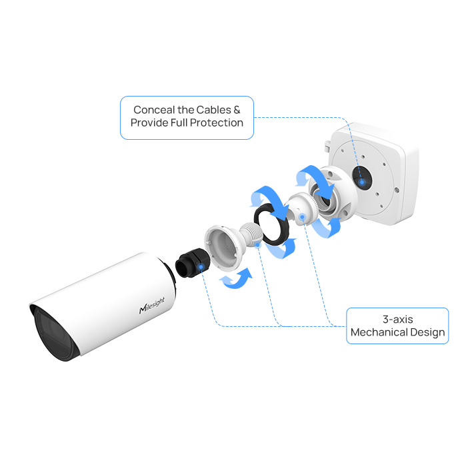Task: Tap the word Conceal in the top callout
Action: [x=152, y=110]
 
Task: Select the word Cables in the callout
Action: [x=213, y=110]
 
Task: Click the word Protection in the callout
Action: [x=215, y=123]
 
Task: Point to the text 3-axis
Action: [x=397, y=320]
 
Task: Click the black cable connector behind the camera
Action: [x=191, y=266]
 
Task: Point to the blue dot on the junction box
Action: [x=362, y=181]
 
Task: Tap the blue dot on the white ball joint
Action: [x=303, y=217]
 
